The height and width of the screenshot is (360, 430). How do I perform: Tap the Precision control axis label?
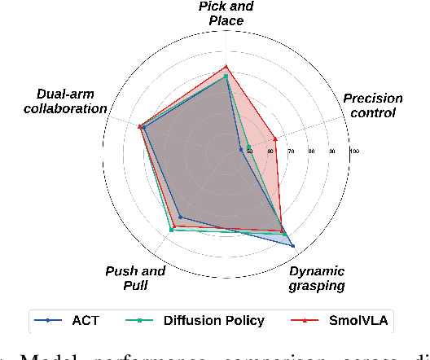(372, 105)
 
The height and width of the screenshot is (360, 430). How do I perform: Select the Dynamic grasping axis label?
(318, 278)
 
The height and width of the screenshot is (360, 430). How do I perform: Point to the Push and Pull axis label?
(135, 278)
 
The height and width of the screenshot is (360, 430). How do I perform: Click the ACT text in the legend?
(86, 320)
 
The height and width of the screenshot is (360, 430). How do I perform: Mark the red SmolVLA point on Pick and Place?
(226, 67)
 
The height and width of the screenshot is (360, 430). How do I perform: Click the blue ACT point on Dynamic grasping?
(292, 244)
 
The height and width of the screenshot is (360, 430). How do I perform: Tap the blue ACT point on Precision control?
(241, 148)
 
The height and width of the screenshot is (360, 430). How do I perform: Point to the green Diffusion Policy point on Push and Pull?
(171, 230)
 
